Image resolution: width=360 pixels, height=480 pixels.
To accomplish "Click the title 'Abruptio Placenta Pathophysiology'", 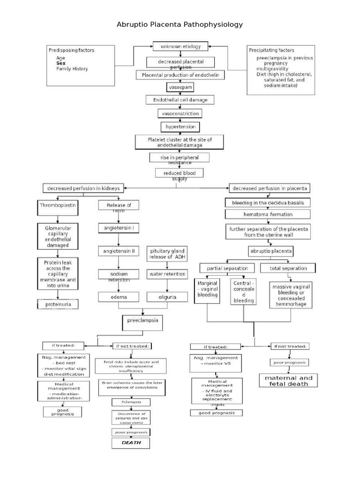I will (180, 24).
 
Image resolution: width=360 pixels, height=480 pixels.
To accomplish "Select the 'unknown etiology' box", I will (180, 46).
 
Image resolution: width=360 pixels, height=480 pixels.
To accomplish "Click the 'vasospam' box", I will (180, 87).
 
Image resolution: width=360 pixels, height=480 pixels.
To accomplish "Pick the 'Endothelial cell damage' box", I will (180, 100).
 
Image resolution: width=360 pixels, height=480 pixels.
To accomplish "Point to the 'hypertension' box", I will (180, 127).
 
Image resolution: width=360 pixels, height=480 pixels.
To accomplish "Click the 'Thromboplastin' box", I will (57, 205).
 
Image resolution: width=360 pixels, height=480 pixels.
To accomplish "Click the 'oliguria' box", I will (167, 297).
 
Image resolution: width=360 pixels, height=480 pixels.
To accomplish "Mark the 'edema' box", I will (119, 297).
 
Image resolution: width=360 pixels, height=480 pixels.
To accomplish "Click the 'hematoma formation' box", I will (268, 214).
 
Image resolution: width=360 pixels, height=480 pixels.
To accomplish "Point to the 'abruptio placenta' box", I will (270, 251).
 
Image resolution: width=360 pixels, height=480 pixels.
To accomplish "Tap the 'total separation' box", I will (289, 268).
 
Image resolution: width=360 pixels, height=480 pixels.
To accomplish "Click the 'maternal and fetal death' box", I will (288, 380).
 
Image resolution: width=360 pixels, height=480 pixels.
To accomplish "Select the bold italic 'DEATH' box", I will (131, 442).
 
